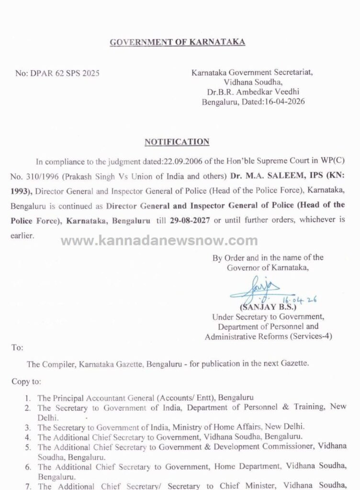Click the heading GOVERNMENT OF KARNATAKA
pyautogui.click(x=177, y=42)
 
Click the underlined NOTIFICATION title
pyautogui.click(x=177, y=142)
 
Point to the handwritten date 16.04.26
pyautogui.click(x=305, y=299)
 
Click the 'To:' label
pyautogui.click(x=17, y=348)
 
